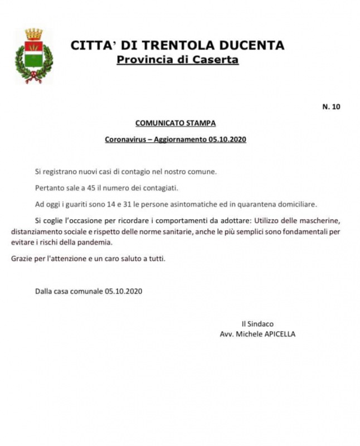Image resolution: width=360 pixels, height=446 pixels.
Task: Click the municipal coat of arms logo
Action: [x=33, y=56]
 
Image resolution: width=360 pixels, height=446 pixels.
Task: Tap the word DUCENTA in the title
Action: [x=252, y=46]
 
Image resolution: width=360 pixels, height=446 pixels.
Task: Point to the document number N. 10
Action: [x=331, y=107]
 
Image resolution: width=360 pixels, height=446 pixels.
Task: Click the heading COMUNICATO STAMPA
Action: [x=175, y=123]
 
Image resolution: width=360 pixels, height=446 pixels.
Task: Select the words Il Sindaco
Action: [x=257, y=323]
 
